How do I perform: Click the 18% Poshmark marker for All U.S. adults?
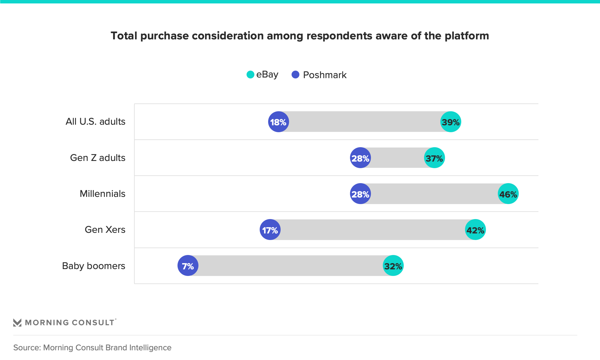tap(278, 122)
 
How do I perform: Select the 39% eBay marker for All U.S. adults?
tap(451, 122)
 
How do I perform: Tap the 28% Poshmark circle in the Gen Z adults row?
tap(360, 158)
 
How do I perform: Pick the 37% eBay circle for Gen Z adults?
tap(434, 158)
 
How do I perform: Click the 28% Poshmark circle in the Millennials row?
tap(360, 194)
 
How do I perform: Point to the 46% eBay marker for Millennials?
tap(508, 194)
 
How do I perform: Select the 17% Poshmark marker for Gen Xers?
tap(270, 230)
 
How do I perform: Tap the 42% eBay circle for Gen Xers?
tap(475, 230)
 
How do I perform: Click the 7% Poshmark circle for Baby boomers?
tap(188, 266)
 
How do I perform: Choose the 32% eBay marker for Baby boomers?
tap(393, 266)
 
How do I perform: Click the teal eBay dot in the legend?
tap(250, 75)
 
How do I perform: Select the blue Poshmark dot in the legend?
tap(295, 75)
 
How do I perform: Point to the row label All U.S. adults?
tap(95, 122)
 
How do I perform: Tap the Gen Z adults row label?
tap(97, 158)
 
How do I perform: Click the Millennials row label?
tap(102, 194)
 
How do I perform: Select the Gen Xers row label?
tap(105, 230)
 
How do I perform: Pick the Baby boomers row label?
tap(93, 266)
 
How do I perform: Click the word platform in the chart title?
tap(467, 36)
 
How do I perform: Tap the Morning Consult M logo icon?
tap(17, 322)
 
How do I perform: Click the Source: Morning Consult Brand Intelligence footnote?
tap(92, 347)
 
